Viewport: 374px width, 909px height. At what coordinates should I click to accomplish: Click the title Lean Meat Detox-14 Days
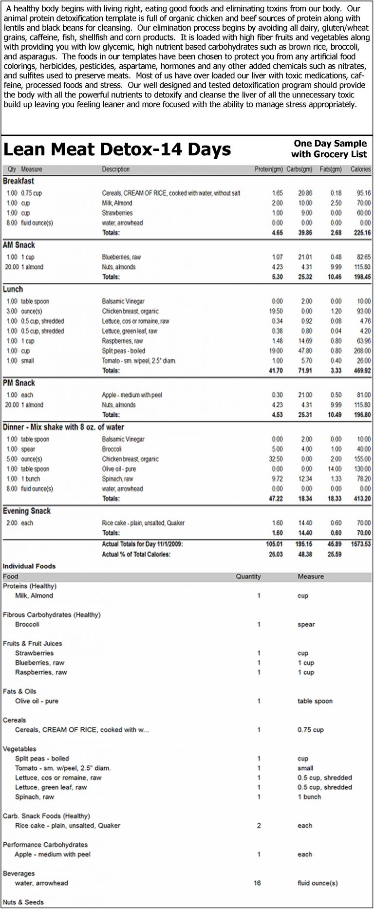click(x=117, y=149)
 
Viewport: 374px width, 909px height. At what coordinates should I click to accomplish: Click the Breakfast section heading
click(x=19, y=181)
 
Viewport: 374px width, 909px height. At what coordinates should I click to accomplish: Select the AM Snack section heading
click(x=19, y=245)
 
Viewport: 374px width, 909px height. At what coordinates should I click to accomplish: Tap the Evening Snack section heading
click(x=27, y=511)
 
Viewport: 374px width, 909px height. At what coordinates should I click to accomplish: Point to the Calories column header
click(x=360, y=169)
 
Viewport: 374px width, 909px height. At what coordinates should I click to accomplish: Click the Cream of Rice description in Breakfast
click(x=171, y=193)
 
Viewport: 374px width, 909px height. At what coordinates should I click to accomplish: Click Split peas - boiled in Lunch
click(x=124, y=351)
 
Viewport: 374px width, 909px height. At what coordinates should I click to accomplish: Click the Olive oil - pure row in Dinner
click(x=119, y=469)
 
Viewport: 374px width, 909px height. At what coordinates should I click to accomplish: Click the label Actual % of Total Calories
click(x=136, y=554)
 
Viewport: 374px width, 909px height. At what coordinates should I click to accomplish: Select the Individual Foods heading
click(x=29, y=566)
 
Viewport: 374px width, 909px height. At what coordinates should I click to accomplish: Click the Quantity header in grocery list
click(x=248, y=576)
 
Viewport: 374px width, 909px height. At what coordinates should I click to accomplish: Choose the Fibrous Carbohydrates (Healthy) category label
click(x=52, y=615)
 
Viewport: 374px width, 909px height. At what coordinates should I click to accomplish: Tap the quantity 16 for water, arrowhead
click(x=258, y=883)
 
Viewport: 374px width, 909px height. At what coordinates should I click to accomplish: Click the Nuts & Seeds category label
click(x=23, y=902)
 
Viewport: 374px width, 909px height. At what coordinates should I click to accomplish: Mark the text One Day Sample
click(x=330, y=143)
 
